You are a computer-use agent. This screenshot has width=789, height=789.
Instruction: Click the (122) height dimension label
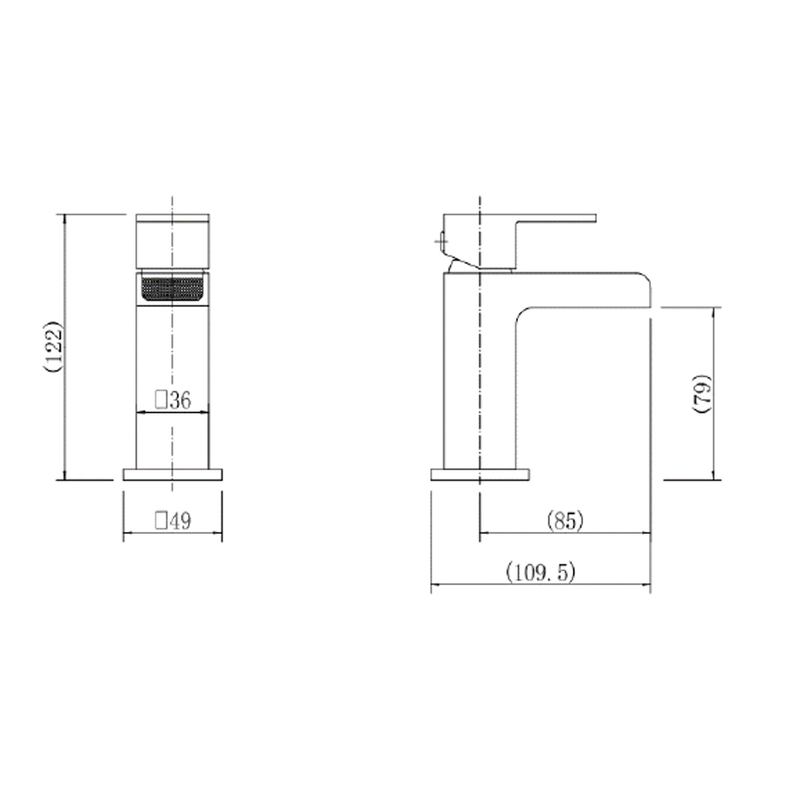[x=54, y=347]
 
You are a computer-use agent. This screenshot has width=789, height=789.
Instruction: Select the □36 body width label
[x=173, y=400]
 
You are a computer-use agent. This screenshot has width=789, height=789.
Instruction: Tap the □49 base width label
[x=173, y=521]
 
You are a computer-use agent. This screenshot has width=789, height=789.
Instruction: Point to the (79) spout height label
[x=702, y=393]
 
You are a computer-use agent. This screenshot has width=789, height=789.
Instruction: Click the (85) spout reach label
[x=565, y=521]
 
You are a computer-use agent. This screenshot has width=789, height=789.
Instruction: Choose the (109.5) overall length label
[x=541, y=572]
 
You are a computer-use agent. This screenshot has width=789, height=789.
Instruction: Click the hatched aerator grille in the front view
[x=172, y=289]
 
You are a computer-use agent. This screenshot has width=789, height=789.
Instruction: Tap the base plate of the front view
[x=172, y=475]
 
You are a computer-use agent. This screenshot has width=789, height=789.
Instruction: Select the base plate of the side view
[x=480, y=475]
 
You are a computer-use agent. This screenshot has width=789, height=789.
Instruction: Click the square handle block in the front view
[x=172, y=241]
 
